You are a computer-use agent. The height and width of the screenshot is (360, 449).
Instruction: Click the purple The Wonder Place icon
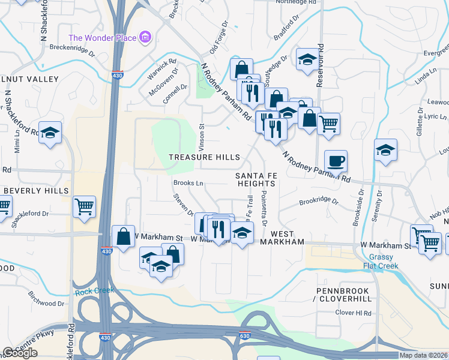pos(145,38)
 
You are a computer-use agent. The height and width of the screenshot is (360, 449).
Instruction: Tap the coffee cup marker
pos(336,161)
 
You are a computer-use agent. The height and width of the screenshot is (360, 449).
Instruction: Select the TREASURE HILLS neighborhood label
pos(204,157)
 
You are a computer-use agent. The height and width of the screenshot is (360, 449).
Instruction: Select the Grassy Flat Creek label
pos(381,262)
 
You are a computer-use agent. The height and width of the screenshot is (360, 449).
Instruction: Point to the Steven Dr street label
pos(184,205)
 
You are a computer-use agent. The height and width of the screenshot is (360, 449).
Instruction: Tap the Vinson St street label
pos(202,137)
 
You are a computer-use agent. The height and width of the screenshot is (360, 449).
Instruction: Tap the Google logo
pos(20,353)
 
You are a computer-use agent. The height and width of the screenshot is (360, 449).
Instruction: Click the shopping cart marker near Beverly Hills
pos(84,206)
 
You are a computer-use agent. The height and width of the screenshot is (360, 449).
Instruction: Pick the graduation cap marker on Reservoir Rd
pos(307,59)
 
